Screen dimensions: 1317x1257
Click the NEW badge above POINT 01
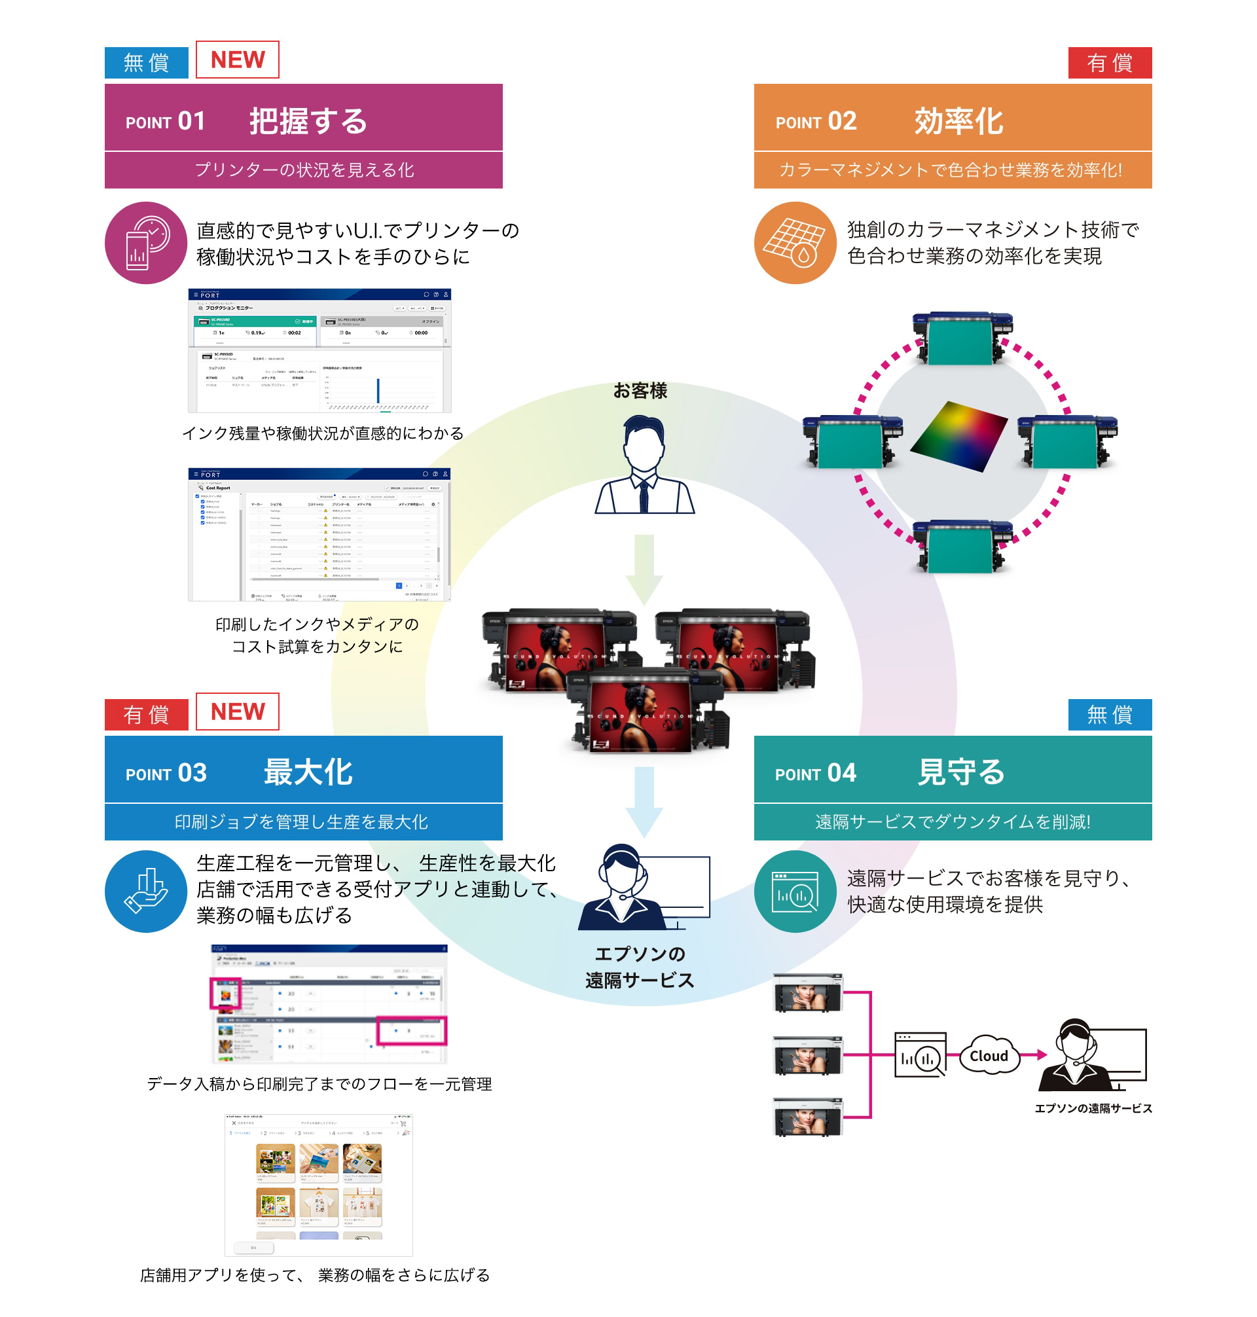coord(237,60)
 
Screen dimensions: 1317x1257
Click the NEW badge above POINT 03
coord(237,712)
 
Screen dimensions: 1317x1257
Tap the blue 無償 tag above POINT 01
coord(146,63)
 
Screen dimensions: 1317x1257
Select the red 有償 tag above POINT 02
coord(1109,63)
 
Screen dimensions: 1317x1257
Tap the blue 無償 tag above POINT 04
coord(1109,715)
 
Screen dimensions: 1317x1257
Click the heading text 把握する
coord(308,121)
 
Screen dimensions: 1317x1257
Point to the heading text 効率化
coord(958,121)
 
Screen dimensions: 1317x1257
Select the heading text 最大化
coord(308,772)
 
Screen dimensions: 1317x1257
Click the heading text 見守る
coord(960,772)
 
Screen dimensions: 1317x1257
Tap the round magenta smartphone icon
coord(145,243)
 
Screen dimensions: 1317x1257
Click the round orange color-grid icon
coord(795,243)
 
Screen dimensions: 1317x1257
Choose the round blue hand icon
coord(145,891)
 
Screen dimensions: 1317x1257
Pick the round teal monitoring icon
coord(795,891)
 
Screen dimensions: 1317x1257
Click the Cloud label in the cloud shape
coord(989,1056)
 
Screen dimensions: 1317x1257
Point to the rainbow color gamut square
coord(958,436)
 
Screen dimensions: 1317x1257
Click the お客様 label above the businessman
coord(640,391)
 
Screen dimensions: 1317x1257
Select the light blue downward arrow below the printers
coord(644,801)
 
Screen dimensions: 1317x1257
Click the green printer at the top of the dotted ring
coord(962,338)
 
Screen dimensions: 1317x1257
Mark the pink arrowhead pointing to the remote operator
coord(1041,1055)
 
